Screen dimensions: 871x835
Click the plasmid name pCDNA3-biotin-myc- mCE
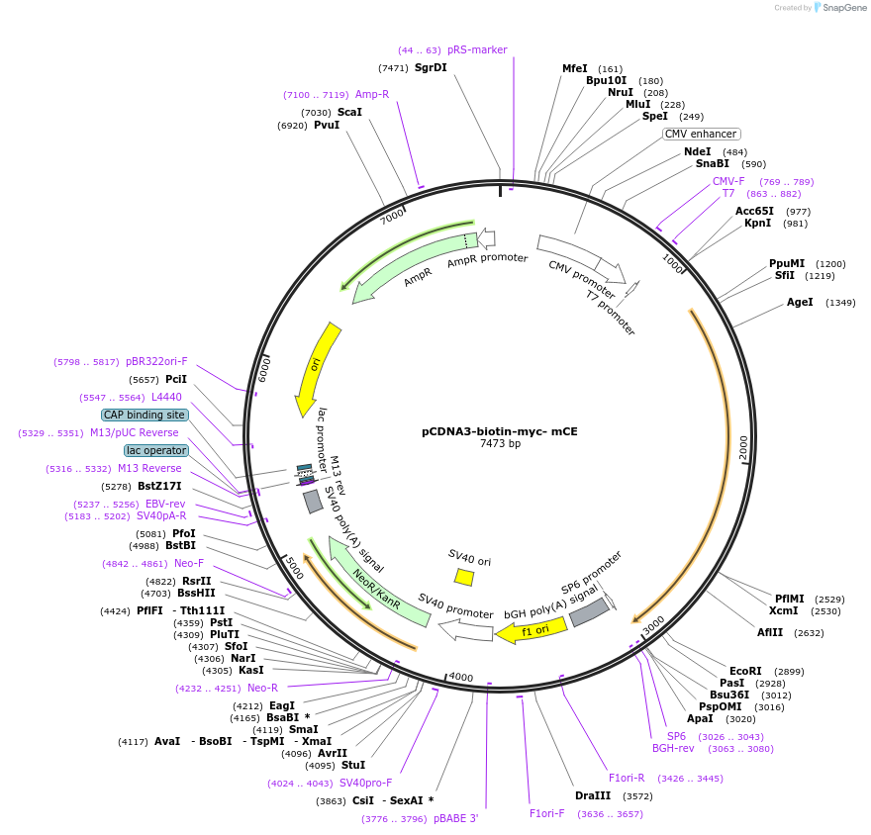500,431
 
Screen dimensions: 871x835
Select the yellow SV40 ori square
464,577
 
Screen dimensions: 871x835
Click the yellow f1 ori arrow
532,630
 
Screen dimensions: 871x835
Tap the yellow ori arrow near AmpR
317,369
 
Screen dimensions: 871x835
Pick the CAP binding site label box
145,415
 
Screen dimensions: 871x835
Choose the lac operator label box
156,450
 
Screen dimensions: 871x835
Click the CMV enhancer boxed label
701,134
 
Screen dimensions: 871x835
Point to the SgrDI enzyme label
431,67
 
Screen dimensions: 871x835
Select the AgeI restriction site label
800,302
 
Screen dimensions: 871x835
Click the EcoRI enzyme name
745,671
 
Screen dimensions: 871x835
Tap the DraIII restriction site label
593,795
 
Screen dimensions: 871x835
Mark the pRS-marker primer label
477,50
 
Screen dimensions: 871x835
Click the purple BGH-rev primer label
673,748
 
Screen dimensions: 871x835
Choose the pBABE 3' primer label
455,818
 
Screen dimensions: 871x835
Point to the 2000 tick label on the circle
743,447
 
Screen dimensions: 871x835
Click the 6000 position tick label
264,369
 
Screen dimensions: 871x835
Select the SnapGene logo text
843,8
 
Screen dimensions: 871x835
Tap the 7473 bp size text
500,443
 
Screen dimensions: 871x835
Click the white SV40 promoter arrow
465,630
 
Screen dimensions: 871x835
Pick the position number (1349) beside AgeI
840,303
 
